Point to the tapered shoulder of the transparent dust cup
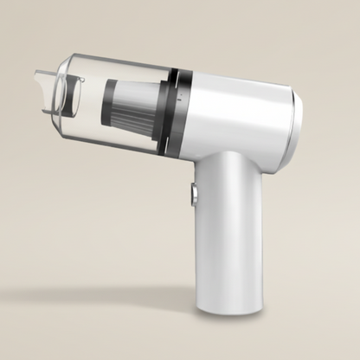point(87,65)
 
